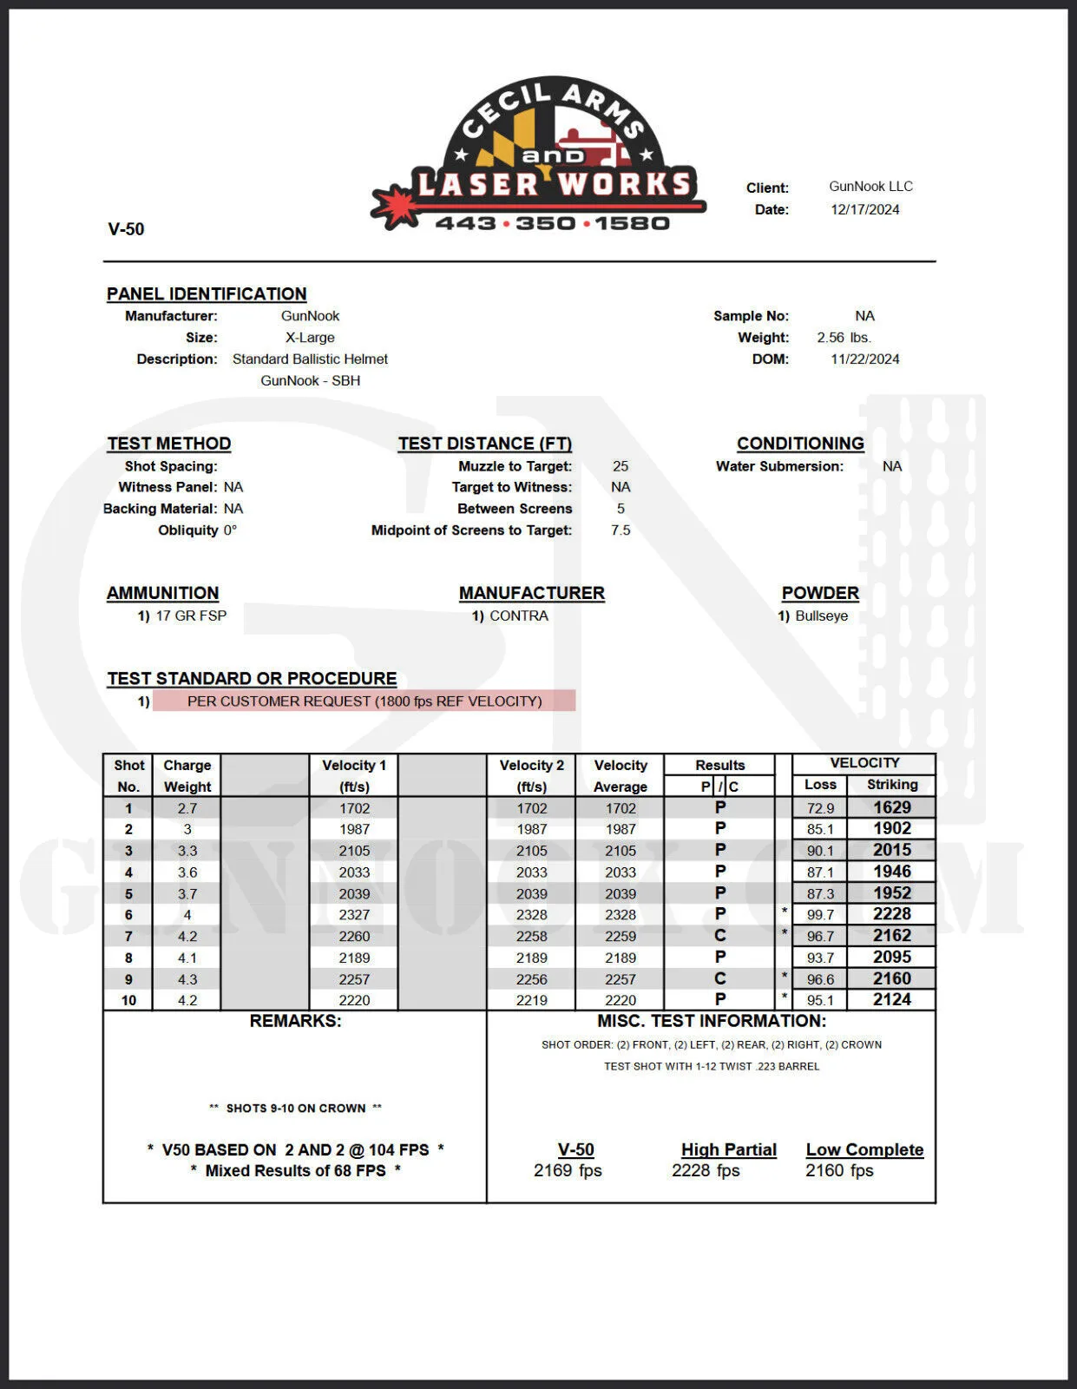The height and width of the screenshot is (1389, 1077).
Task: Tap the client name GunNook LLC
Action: (870, 187)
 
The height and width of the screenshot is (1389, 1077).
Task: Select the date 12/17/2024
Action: (864, 210)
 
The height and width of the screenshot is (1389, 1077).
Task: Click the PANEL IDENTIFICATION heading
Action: (207, 294)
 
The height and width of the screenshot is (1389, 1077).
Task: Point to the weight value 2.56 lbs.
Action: (844, 338)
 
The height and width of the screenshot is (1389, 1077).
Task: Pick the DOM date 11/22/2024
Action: (864, 359)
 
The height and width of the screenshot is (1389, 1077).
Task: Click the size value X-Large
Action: (310, 338)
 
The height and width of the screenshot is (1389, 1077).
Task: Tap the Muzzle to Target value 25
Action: (620, 466)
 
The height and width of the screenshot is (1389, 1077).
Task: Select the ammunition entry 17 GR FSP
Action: (191, 616)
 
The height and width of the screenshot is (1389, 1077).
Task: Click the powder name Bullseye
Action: (821, 616)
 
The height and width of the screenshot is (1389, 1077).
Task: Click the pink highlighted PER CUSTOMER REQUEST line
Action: (364, 701)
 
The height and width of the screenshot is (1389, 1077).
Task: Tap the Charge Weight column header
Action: (187, 776)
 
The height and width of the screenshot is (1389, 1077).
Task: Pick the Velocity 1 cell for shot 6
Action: (354, 915)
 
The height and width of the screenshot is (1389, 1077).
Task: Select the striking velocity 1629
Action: (891, 807)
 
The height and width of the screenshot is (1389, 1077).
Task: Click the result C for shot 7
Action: (720, 936)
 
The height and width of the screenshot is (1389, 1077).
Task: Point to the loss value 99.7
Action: (820, 915)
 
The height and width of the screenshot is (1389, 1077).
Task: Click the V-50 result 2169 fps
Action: (568, 1171)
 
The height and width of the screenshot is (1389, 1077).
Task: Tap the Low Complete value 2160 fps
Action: (839, 1171)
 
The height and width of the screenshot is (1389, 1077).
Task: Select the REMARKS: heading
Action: (295, 1022)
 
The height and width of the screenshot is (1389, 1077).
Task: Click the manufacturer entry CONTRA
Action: (518, 616)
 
